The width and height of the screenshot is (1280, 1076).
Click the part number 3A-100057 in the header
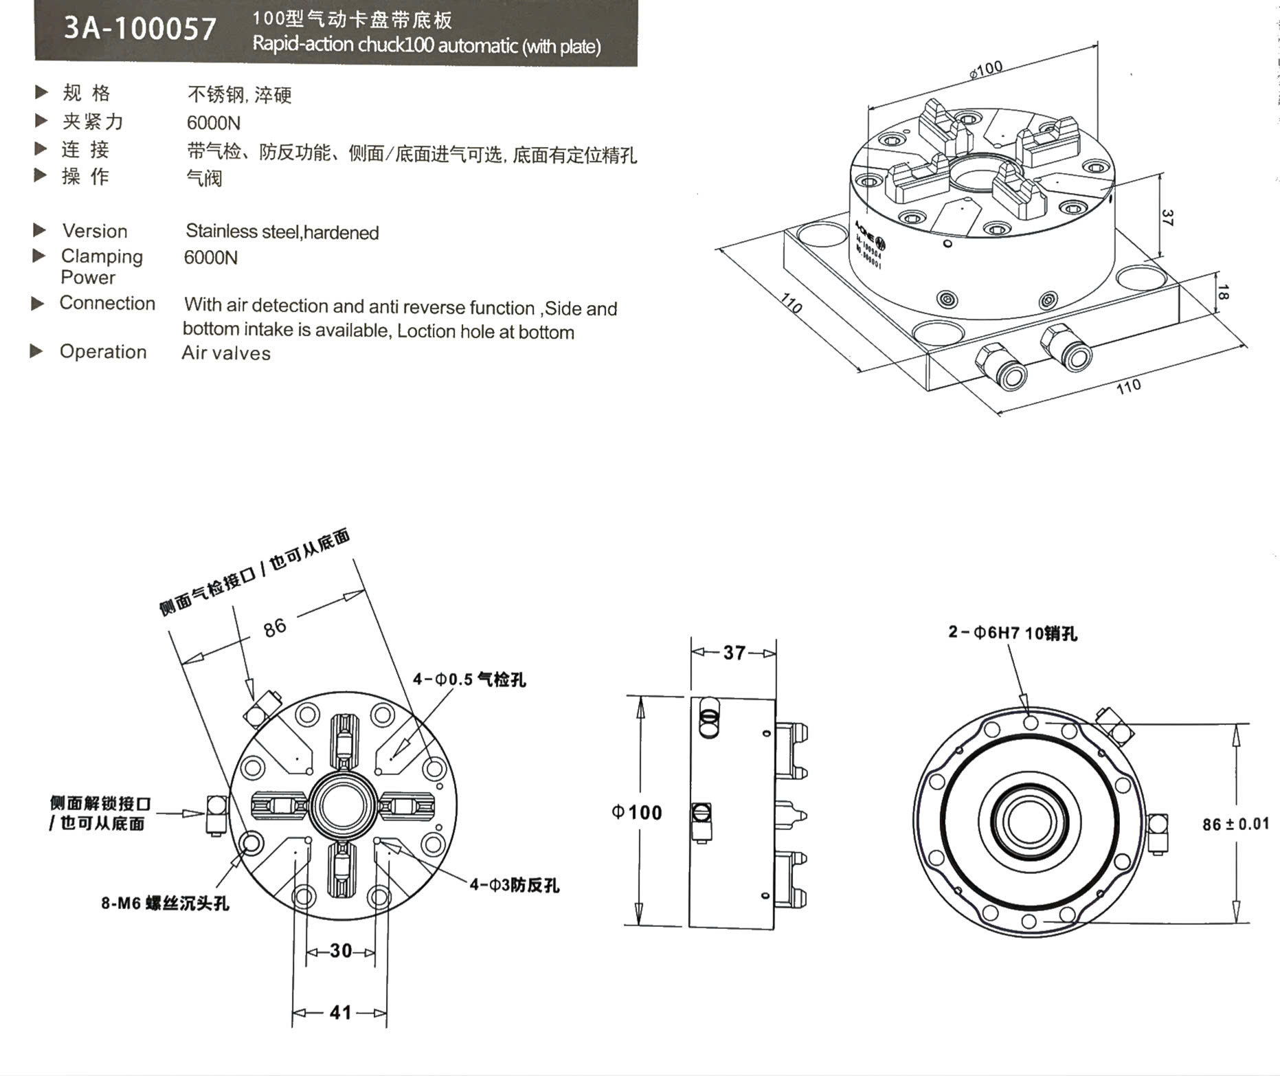[x=140, y=29]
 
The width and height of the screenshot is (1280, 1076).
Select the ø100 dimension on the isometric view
[x=986, y=69]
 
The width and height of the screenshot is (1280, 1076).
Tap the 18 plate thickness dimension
[x=1222, y=292]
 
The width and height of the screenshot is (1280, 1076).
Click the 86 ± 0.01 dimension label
[x=1235, y=824]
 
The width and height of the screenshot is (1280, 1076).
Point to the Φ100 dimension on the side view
[x=637, y=812]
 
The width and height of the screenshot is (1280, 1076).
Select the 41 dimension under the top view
[x=340, y=1012]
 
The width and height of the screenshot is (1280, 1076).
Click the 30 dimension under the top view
[x=341, y=951]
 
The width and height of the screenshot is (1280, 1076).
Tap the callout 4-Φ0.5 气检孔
[x=469, y=680]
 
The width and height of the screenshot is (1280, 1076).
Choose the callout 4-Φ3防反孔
[x=515, y=885]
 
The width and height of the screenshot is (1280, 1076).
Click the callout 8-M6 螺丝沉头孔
[x=165, y=903]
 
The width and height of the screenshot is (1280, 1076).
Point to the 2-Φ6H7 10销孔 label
[x=1013, y=633]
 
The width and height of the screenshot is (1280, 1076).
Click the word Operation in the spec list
[x=103, y=352]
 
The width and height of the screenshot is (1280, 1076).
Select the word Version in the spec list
[x=95, y=231]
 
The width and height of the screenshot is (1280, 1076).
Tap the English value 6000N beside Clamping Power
[x=211, y=258]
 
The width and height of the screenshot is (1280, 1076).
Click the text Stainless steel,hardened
[x=282, y=232]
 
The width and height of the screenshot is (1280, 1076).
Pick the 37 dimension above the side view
[x=734, y=652]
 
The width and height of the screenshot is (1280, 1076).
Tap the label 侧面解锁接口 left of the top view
[x=100, y=803]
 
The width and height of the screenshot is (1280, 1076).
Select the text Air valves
[x=226, y=353]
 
